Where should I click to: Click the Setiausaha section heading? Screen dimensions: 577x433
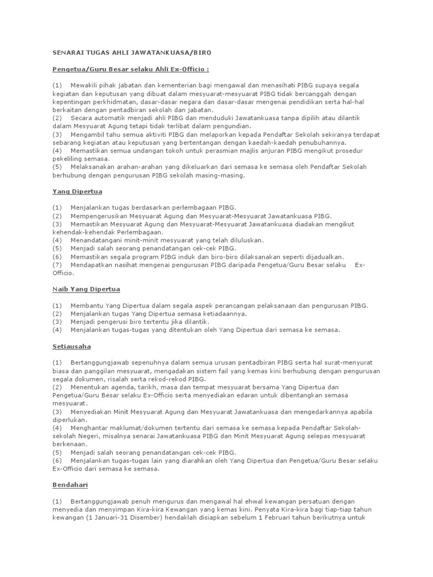pos(72,346)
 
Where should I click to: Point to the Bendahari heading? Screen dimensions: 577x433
pos(70,484)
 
